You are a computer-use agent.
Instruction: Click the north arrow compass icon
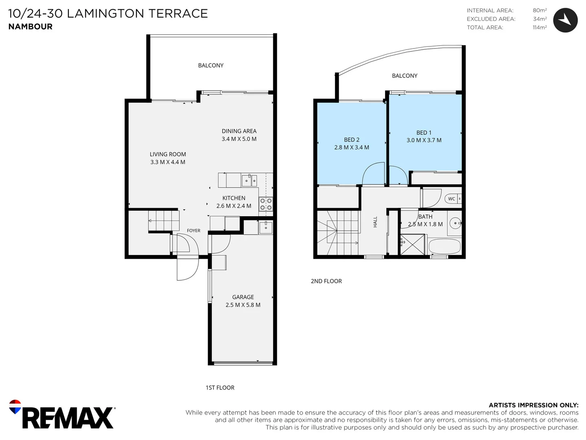[x=565, y=20]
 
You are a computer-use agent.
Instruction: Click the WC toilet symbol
[x=453, y=199]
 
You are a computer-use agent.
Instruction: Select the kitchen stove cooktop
[x=266, y=204]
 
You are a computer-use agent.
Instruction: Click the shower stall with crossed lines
[x=413, y=244]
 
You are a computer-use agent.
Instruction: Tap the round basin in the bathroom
[x=455, y=223]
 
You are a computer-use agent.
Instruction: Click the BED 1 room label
[x=424, y=132]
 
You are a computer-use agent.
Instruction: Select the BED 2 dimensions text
[x=352, y=147]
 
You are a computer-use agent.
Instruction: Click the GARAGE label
[x=243, y=297]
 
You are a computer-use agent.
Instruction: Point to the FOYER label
[x=194, y=231]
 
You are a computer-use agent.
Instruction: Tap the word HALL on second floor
[x=375, y=222]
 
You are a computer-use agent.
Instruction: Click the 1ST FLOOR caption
[x=220, y=387]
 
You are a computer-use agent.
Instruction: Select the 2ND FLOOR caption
[x=326, y=281]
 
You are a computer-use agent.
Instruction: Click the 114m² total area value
[x=540, y=27]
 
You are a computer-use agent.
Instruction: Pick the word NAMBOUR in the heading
[x=31, y=27]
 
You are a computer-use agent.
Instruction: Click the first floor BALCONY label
[x=211, y=66]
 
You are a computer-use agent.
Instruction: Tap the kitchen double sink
[x=249, y=180]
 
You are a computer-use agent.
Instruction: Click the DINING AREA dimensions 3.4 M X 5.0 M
[x=239, y=139]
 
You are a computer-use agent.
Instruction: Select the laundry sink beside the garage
[x=266, y=228]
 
